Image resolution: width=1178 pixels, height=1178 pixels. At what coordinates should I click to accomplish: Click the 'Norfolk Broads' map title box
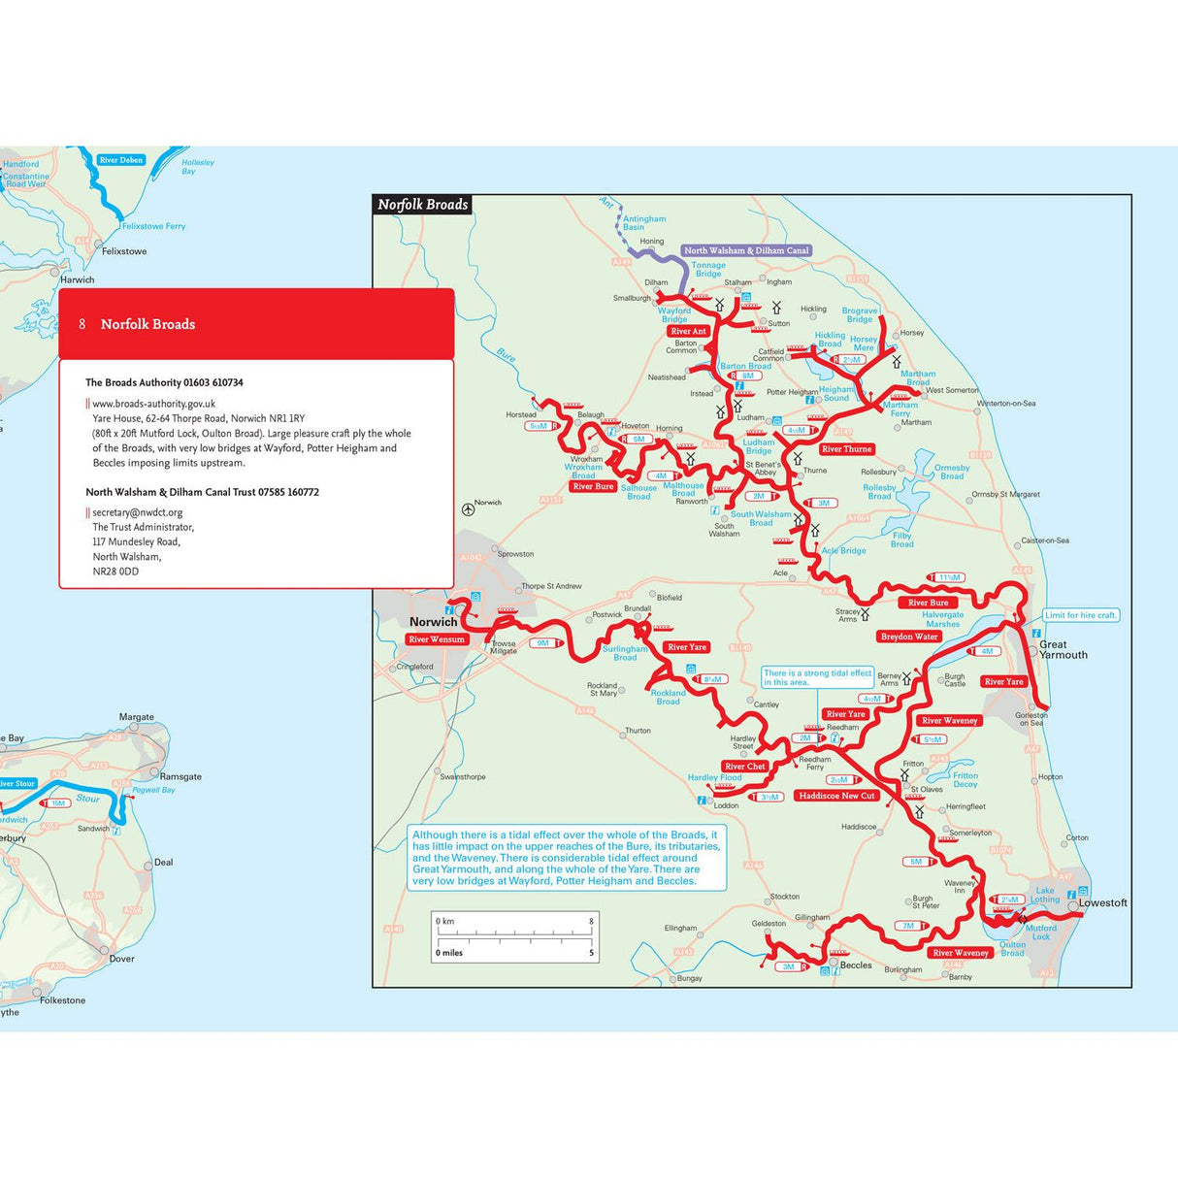[423, 205]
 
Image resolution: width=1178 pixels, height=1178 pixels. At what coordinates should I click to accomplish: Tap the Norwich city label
[433, 622]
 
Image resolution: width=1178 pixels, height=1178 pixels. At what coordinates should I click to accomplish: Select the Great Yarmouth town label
[1063, 649]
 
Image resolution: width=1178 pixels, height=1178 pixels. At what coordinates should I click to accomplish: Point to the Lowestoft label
[1103, 902]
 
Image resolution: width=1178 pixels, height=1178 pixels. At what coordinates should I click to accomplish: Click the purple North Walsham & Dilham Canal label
[746, 250]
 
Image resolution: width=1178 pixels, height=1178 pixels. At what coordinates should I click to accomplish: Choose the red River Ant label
[688, 331]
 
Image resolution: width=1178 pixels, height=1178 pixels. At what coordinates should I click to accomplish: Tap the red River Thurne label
[846, 449]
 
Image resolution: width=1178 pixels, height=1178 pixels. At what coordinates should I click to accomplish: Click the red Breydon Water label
[909, 637]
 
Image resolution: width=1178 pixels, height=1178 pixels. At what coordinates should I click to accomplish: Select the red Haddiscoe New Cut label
[836, 796]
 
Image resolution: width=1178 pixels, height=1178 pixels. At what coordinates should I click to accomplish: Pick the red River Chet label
[745, 767]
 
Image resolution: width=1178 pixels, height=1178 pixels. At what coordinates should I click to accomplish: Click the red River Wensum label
[437, 639]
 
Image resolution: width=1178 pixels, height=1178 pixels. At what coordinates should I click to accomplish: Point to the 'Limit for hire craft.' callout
[1081, 615]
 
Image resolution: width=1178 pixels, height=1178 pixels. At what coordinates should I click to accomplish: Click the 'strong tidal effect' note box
[817, 677]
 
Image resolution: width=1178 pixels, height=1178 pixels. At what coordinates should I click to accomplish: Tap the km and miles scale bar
[514, 936]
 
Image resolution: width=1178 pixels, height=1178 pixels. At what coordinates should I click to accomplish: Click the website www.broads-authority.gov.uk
[154, 404]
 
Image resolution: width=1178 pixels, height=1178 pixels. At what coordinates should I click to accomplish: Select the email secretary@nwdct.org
[138, 512]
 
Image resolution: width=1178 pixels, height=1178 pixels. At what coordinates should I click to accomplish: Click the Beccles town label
[856, 965]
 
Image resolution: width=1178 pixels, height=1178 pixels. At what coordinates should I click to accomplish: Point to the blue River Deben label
[121, 160]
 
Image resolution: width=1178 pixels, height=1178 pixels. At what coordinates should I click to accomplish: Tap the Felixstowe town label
[124, 251]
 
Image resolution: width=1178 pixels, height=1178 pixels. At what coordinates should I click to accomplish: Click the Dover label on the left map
[121, 959]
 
